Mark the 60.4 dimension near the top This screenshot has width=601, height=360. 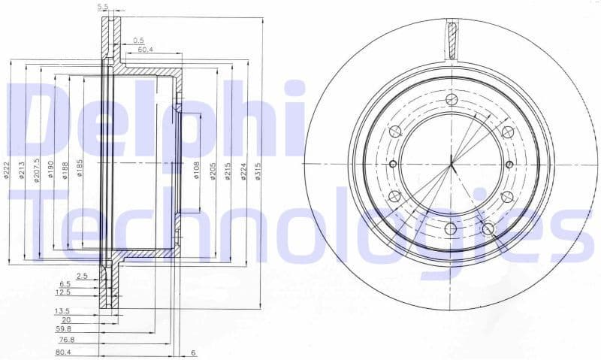146,50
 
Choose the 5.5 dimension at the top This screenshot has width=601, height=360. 104,7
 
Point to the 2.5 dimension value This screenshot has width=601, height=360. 83,276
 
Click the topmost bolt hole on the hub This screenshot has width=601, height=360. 451,101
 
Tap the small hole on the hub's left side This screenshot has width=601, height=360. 392,164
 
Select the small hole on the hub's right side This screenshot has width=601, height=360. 509,165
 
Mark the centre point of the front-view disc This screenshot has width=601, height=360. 451,164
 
